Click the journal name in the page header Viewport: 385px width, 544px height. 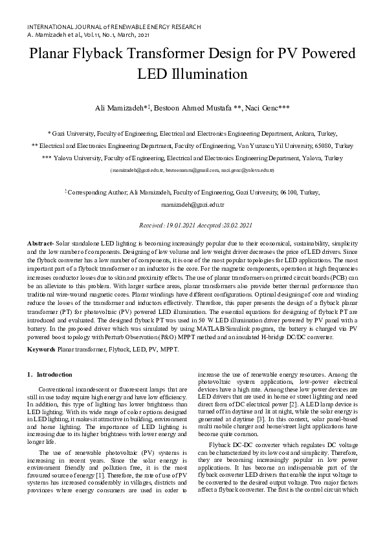114,28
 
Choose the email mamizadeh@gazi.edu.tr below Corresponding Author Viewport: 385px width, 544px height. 192,204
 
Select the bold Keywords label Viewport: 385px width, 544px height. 41,350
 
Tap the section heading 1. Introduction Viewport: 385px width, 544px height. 50,375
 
